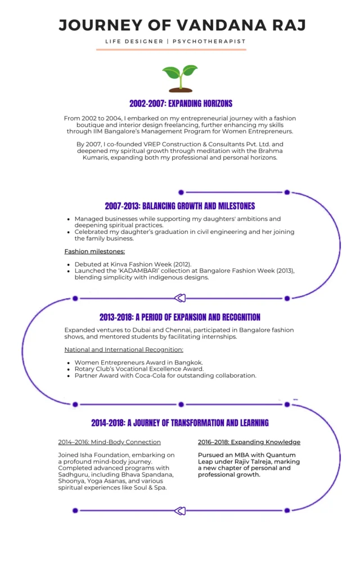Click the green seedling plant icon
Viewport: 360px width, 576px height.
[180, 78]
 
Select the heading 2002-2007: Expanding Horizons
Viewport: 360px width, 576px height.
[181, 103]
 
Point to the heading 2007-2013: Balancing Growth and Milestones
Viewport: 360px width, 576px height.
[180, 206]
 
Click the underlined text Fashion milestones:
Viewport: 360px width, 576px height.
[94, 251]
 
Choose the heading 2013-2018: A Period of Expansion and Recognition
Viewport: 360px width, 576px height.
[180, 317]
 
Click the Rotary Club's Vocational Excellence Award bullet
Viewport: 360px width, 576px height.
[139, 369]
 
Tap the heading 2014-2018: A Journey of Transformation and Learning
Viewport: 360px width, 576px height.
[180, 423]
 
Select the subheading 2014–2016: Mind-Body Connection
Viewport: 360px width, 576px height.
[109, 442]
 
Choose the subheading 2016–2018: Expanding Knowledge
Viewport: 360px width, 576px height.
[249, 442]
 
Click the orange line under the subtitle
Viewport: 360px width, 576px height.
[171, 50]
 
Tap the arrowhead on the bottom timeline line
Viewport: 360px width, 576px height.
[180, 511]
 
